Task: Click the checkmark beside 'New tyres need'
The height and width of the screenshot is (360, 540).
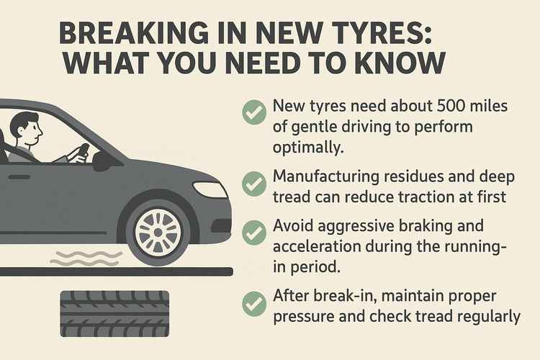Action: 254,112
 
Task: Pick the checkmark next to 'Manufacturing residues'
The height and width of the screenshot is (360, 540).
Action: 254,184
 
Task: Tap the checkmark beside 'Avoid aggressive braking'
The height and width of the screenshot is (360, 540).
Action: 254,233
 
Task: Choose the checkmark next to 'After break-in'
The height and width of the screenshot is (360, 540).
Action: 254,304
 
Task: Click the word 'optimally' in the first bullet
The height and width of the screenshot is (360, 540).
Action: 309,148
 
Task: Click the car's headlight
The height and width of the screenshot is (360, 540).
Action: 210,189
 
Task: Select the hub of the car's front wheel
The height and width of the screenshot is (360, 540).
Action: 158,233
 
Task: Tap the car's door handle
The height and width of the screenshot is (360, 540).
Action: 19,177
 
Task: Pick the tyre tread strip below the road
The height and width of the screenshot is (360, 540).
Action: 114,314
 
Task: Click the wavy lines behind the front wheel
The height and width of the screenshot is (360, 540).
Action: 86,258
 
